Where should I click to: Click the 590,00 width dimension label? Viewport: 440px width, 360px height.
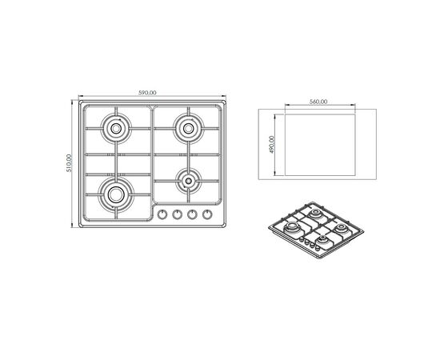pos(147,93)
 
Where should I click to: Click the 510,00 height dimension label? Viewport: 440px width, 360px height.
pos(70,163)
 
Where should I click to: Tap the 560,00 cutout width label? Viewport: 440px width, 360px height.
pos(318,102)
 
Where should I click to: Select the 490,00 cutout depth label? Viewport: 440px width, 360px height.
pos(271,145)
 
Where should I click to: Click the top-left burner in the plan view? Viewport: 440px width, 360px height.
pos(116,129)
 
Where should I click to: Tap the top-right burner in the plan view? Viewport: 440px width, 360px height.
pos(188,129)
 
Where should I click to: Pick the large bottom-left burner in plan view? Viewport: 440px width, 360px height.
pos(116,194)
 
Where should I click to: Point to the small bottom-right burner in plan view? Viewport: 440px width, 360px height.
pos(188,181)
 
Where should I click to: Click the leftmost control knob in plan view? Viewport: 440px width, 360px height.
pos(162,214)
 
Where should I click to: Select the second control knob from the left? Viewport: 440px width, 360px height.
pos(177,214)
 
